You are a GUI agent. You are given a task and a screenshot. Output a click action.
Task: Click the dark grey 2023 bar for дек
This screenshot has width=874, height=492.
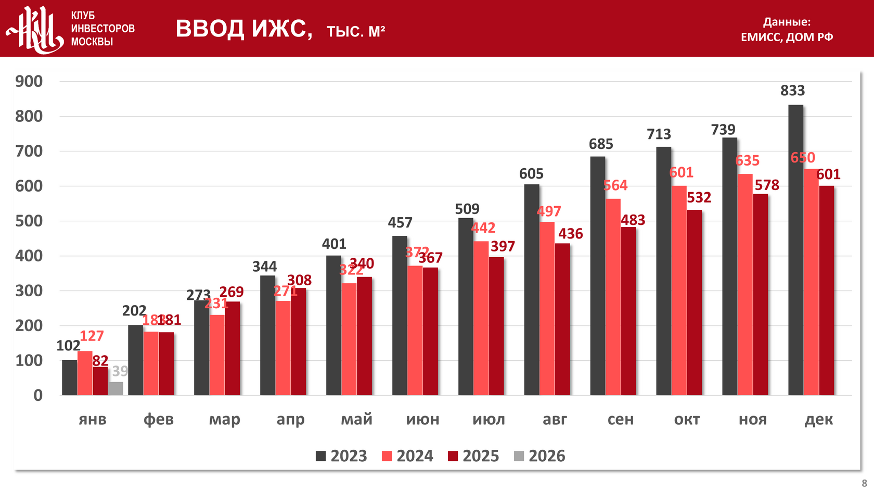pos(795,250)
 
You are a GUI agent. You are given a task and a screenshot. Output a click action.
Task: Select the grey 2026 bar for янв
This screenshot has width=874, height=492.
pos(116,388)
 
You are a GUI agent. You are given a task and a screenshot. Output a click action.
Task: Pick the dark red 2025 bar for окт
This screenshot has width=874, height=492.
pos(694,302)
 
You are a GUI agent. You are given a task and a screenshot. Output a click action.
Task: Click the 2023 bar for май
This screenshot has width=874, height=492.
pos(333,325)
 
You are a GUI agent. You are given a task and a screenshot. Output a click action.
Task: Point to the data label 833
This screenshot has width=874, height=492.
pos(792,91)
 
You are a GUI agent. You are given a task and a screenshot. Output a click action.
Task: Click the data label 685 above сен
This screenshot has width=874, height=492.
pos(601,144)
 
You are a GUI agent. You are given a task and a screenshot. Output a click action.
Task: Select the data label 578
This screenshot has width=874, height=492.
pos(767,185)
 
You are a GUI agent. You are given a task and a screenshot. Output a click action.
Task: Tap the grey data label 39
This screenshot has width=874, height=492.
pos(120,371)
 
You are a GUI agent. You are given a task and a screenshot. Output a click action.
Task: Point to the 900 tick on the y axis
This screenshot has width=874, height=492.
pos(29,81)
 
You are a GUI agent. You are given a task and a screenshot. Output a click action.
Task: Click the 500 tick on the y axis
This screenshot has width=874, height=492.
pos(29,221)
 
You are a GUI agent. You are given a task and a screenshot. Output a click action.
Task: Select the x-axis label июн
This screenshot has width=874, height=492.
pos(422,419)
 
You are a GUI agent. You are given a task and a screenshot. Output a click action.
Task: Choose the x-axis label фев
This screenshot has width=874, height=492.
pos(159,419)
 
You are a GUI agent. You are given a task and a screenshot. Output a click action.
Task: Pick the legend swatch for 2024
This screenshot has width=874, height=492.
pos(387,457)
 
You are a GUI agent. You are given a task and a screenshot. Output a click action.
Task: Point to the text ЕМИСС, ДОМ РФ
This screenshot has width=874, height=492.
pos(787,37)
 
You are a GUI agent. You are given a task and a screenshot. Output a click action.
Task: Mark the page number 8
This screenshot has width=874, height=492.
pos(864,483)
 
